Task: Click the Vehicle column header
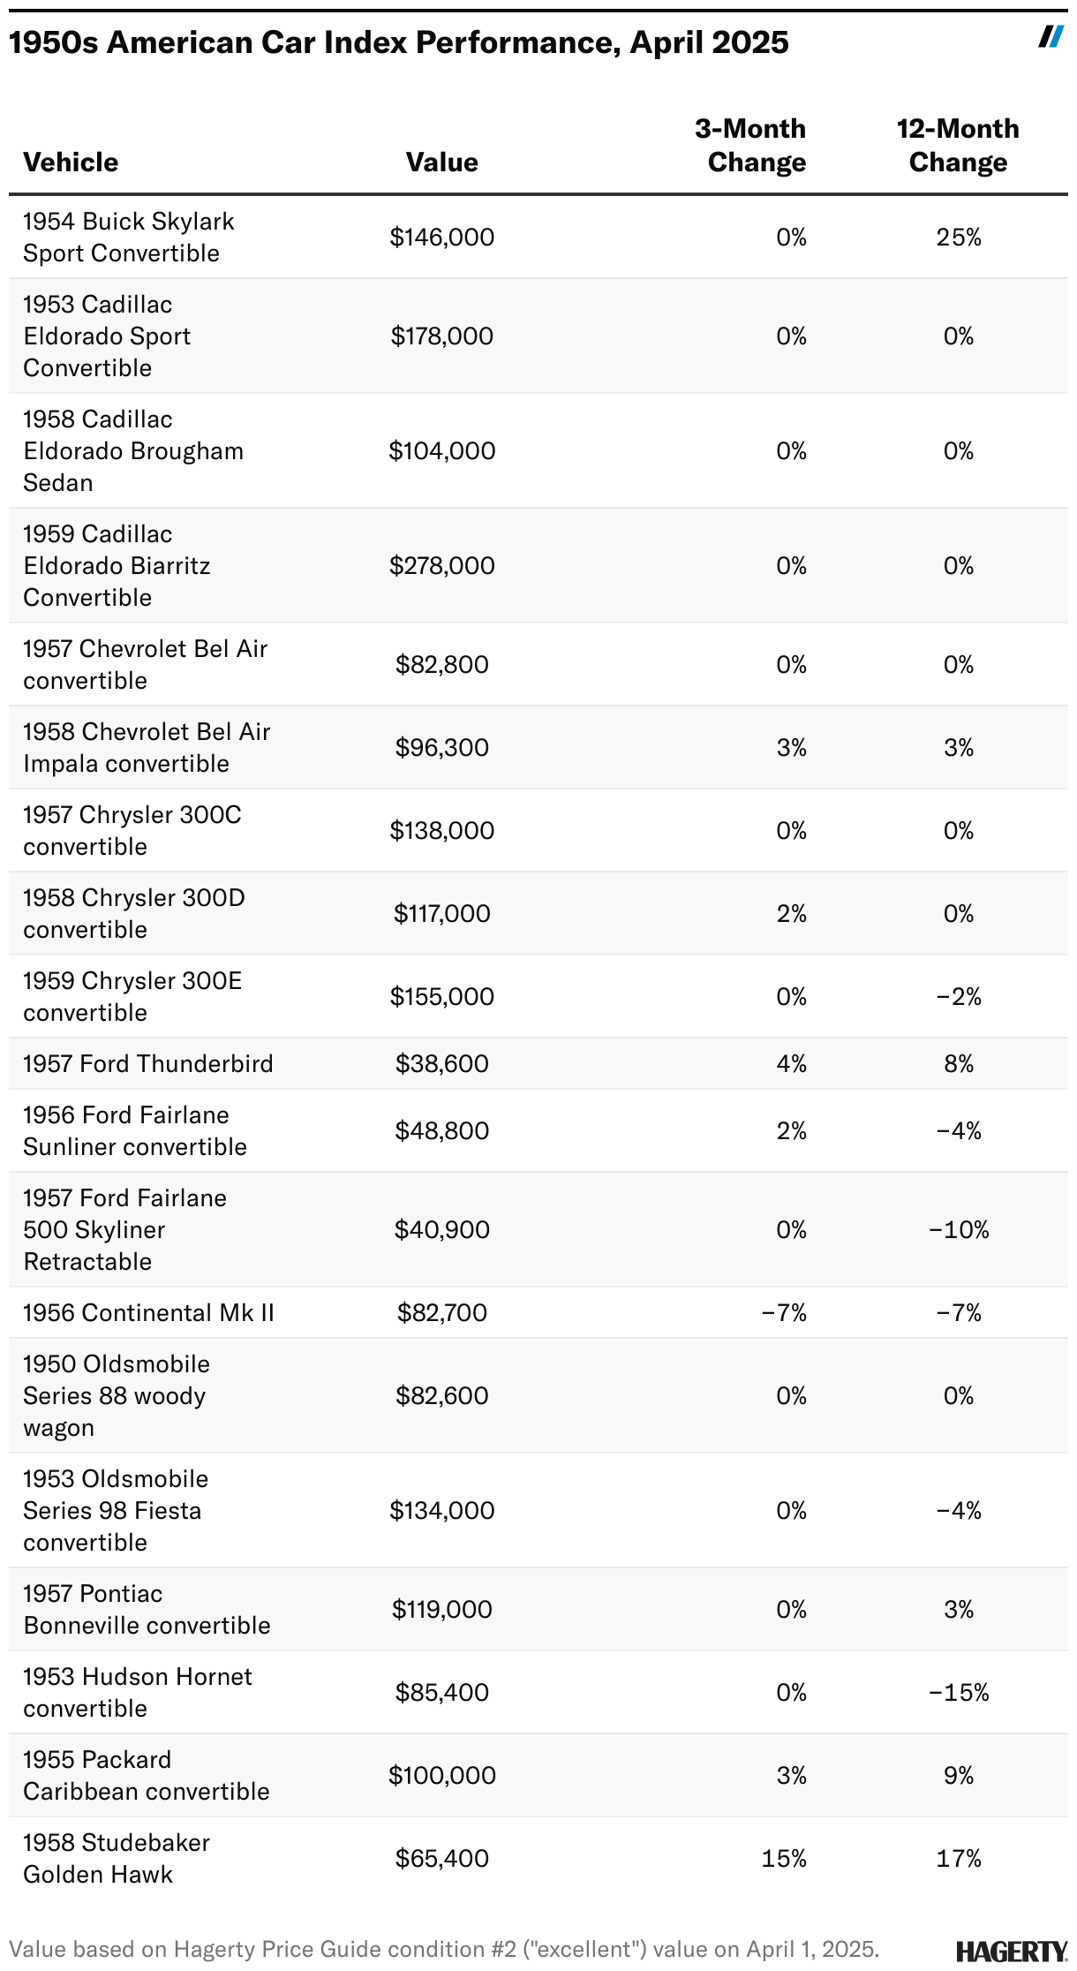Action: [71, 162]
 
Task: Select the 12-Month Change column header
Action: [958, 146]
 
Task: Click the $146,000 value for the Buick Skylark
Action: [441, 237]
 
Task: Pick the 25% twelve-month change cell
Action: [959, 237]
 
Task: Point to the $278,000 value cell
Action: [441, 565]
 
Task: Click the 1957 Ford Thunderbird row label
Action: [148, 1063]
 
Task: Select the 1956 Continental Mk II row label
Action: [148, 1312]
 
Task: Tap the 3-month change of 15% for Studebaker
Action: [784, 1858]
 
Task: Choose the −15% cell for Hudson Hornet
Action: [959, 1692]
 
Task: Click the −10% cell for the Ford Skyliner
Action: [959, 1229]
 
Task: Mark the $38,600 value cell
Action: [441, 1063]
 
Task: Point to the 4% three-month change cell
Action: [791, 1063]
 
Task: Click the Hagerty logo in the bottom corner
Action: [1011, 1951]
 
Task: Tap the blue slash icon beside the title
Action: [1051, 36]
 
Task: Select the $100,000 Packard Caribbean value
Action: [441, 1775]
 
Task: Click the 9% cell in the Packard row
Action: [959, 1775]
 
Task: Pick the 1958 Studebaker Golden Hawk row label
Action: [117, 1858]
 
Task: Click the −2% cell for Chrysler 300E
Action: [959, 996]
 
